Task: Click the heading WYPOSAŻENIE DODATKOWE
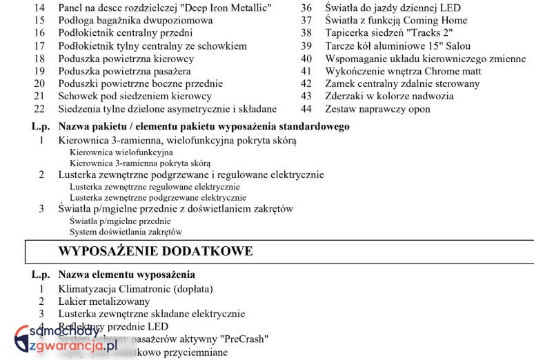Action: click(155, 251)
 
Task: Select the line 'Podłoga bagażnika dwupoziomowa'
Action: click(135, 20)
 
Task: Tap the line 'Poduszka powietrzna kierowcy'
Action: click(126, 59)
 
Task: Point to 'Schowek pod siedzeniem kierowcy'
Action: click(135, 96)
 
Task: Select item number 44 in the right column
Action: click(306, 109)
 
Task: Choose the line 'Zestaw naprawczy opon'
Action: click(377, 109)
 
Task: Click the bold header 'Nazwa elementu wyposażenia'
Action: click(126, 274)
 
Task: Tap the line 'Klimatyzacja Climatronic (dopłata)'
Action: click(135, 288)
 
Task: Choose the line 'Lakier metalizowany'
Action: click(103, 301)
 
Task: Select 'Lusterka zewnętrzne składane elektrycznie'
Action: click(151, 314)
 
